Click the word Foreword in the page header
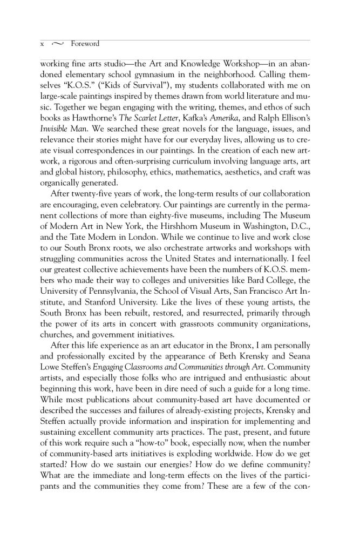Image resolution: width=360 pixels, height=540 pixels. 85,44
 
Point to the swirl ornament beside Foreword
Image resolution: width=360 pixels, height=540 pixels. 58,44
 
